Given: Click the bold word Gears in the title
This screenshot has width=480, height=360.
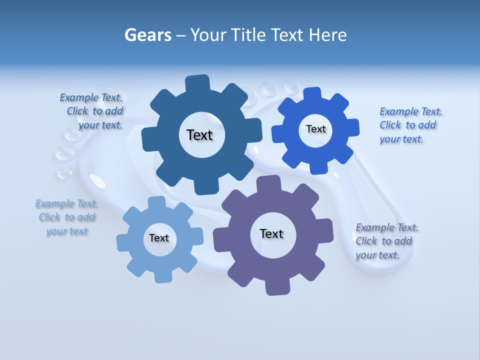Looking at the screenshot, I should (x=147, y=35).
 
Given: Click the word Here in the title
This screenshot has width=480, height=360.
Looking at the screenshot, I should (x=327, y=35).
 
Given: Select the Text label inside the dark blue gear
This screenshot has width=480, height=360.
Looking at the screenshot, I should (x=199, y=135).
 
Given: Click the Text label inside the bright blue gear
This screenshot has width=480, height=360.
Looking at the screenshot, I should (x=315, y=129).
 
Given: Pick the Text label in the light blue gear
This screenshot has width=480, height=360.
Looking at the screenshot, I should (x=159, y=238).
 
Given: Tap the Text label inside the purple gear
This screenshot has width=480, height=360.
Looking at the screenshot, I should (x=271, y=233).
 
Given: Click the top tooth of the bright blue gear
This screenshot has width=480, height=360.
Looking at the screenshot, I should (x=312, y=94).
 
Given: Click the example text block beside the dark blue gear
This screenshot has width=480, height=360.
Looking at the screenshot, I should (x=91, y=111).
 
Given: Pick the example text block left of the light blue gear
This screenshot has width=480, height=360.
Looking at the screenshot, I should (x=66, y=217).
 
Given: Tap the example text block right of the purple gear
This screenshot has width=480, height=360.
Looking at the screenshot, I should (x=386, y=241).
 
